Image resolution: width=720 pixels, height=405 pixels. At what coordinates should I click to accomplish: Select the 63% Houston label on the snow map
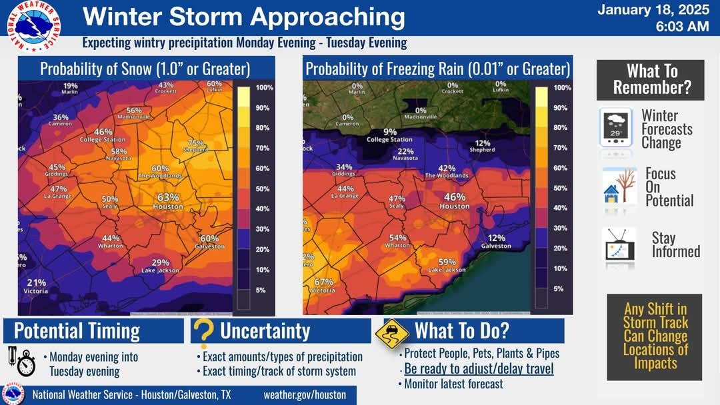168,201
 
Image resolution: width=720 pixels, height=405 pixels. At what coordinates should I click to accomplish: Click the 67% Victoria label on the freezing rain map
323,286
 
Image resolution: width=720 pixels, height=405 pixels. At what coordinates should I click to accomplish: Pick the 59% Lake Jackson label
447,265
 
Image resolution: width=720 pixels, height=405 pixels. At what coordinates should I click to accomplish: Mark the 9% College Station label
389,135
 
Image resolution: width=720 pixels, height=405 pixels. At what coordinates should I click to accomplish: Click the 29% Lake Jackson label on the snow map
160,266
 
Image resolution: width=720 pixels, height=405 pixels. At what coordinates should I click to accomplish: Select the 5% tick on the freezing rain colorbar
559,288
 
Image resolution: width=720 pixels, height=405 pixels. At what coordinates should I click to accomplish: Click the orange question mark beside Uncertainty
205,332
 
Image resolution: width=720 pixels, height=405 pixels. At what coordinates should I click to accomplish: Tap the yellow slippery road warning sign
391,334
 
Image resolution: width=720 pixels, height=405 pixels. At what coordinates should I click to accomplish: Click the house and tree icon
619,187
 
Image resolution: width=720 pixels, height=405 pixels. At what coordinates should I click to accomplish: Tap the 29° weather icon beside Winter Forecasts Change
615,128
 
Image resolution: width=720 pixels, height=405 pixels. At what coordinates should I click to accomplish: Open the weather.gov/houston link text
305,394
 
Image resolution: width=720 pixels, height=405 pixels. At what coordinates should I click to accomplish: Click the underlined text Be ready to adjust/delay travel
479,368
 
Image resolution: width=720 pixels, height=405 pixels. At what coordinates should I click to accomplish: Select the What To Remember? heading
651,79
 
